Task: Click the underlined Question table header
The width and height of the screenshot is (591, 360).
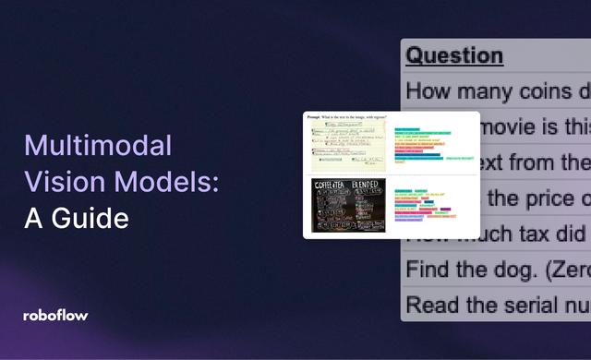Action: click(454, 55)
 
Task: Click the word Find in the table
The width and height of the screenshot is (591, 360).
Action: click(428, 269)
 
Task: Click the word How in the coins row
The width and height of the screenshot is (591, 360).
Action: click(429, 91)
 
